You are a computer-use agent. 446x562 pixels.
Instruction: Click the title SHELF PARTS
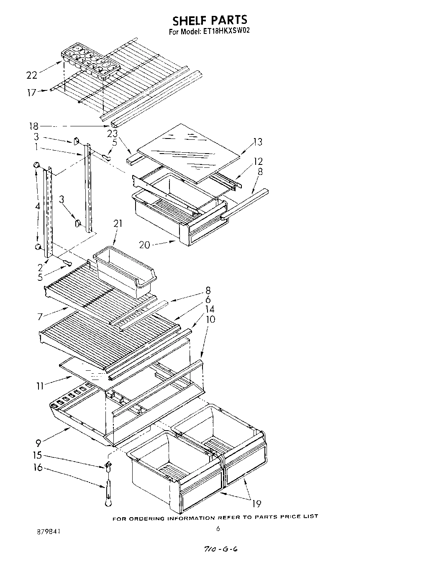pyautogui.click(x=210, y=20)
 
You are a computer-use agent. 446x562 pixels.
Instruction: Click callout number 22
pyautogui.click(x=32, y=75)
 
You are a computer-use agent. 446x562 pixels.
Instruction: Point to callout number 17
pyautogui.click(x=32, y=92)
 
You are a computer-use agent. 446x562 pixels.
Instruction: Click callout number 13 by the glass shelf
pyautogui.click(x=258, y=142)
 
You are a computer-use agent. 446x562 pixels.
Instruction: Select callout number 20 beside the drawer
pyautogui.click(x=144, y=245)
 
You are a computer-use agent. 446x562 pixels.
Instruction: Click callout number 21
pyautogui.click(x=118, y=224)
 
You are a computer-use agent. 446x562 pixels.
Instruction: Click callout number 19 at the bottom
pyautogui.click(x=257, y=504)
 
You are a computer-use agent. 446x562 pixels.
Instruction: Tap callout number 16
pyautogui.click(x=38, y=467)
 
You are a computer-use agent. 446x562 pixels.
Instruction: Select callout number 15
pyautogui.click(x=38, y=456)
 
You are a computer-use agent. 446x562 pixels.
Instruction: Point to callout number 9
pyautogui.click(x=38, y=442)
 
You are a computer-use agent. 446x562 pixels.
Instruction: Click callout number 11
pyautogui.click(x=39, y=386)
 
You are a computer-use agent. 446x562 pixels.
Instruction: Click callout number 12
pyautogui.click(x=258, y=161)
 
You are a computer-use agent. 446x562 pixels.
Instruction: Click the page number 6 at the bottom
pyautogui.click(x=218, y=529)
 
